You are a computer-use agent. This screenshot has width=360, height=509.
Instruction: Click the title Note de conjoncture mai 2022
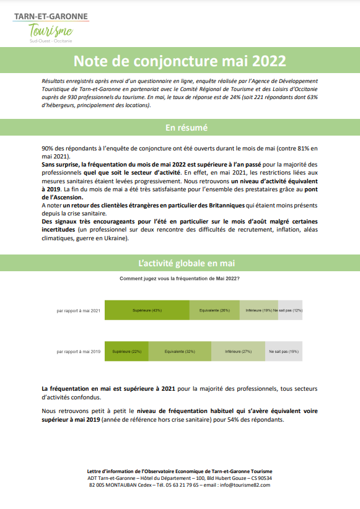click(180, 61)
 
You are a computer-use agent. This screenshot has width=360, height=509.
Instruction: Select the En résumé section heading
click(180, 128)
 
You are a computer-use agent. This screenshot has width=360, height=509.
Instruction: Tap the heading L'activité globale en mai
click(180, 263)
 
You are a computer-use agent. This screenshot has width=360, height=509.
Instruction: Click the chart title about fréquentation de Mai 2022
click(180, 279)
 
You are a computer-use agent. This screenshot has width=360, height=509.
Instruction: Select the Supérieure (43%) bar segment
click(147, 310)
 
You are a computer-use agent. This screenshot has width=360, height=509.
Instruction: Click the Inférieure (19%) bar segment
click(259, 310)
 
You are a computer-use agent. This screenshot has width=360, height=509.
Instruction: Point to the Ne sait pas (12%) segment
click(290, 310)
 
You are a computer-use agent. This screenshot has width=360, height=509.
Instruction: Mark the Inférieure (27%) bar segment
click(239, 351)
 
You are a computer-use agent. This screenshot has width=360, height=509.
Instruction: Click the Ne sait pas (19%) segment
click(284, 351)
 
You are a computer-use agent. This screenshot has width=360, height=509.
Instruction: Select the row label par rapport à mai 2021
click(78, 310)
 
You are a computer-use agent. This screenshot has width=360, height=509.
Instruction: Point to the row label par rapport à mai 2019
click(78, 351)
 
